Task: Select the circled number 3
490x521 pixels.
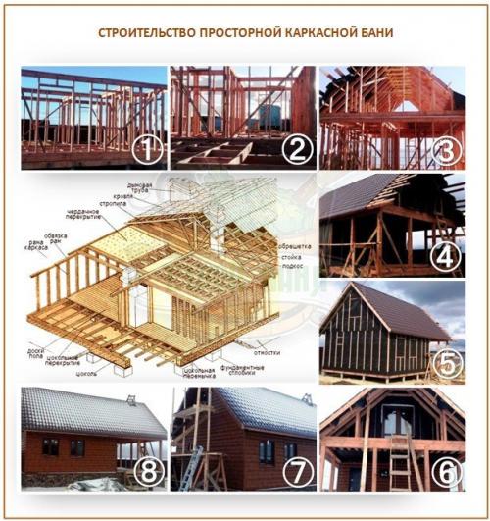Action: click(447, 150)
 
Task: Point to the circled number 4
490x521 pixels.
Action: click(447, 257)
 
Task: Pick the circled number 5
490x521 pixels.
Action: click(447, 362)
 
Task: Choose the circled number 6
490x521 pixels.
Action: click(447, 472)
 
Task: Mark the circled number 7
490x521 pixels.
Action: click(294, 472)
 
